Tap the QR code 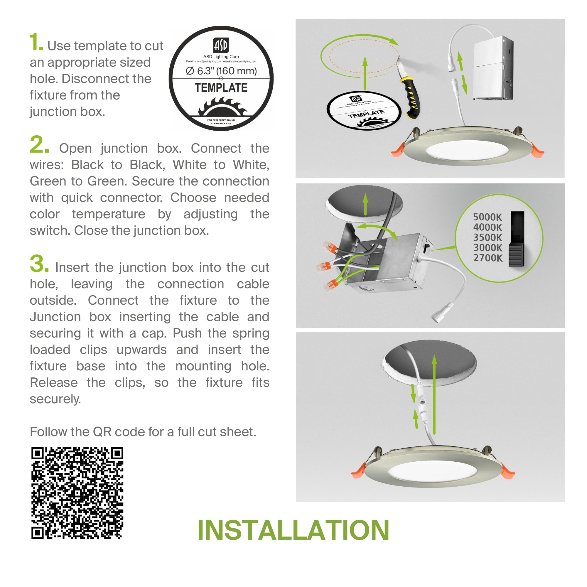[77, 493]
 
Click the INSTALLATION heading [293, 530]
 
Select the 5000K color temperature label [487, 217]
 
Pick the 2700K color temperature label [488, 258]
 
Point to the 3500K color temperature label [487, 237]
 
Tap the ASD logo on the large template [221, 45]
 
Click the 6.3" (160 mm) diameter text [221, 71]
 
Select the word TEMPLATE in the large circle [221, 88]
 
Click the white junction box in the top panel [493, 68]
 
